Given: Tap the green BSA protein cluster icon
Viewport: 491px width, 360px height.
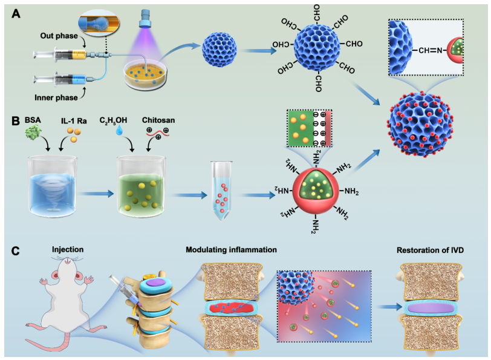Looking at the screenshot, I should pos(33,133).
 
